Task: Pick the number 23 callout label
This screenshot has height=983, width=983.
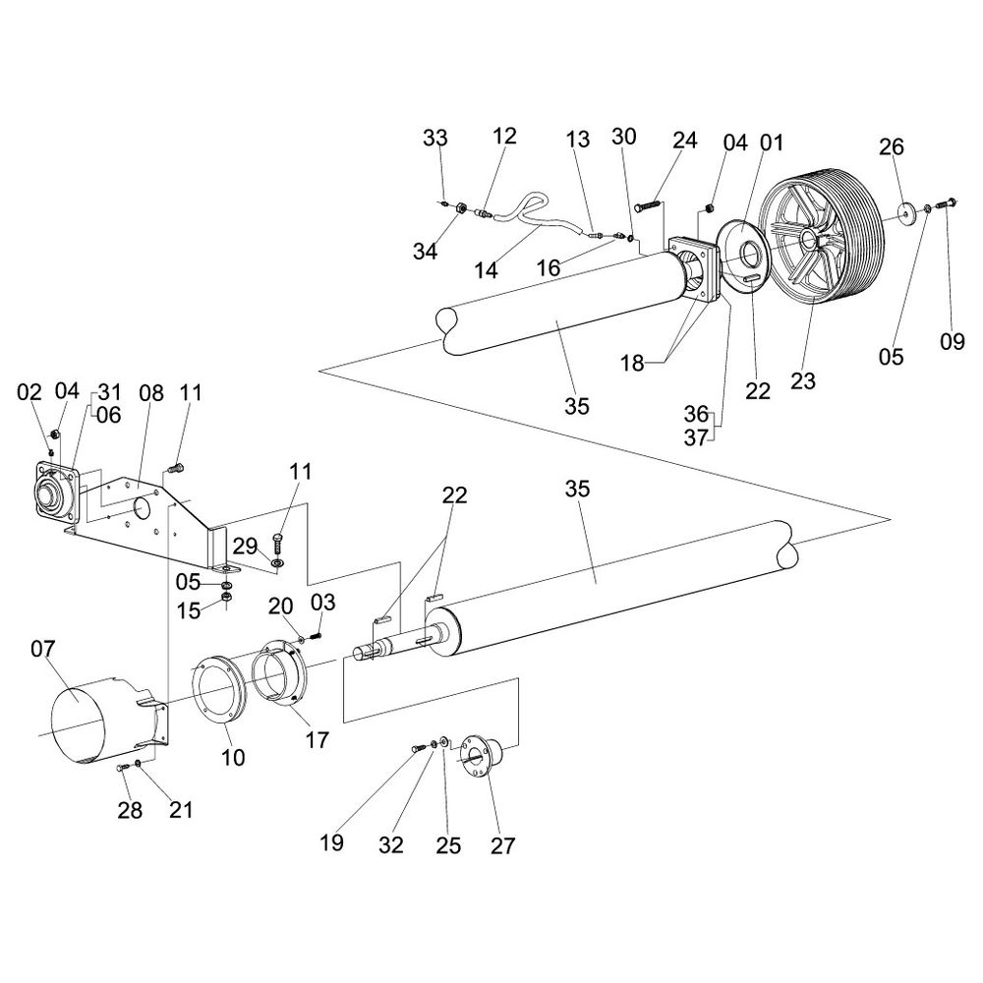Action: tap(803, 380)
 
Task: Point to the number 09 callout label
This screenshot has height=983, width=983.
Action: tap(952, 341)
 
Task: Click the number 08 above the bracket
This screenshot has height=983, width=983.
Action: tap(150, 394)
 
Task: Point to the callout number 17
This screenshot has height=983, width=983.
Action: tap(317, 738)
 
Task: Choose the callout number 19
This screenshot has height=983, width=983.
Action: tap(332, 843)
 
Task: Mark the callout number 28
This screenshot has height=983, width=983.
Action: tap(130, 811)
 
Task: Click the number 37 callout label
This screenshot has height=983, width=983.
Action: tap(695, 437)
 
